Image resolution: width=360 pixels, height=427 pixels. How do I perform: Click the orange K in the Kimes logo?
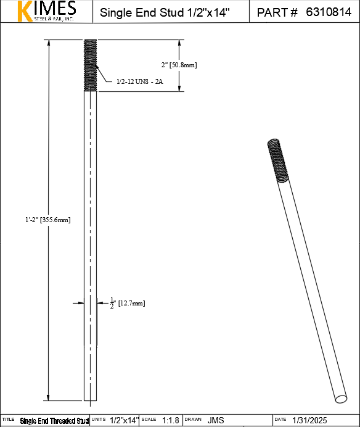[x=25, y=11]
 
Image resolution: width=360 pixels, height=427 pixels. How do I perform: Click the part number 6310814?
[x=329, y=12]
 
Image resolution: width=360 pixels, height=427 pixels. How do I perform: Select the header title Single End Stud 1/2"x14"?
[x=165, y=12]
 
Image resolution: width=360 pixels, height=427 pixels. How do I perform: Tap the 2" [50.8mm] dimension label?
[x=179, y=65]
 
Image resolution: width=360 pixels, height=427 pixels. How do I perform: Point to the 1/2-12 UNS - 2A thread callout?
[x=139, y=81]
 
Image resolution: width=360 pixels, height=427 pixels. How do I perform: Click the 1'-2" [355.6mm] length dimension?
[x=48, y=220]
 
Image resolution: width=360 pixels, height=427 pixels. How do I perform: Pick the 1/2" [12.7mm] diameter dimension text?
[x=128, y=303]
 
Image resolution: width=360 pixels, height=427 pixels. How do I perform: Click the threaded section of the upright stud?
[x=91, y=65]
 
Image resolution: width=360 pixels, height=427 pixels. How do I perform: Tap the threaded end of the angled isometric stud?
[x=278, y=160]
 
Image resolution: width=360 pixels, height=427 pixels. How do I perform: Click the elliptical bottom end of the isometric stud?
[x=341, y=399]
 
